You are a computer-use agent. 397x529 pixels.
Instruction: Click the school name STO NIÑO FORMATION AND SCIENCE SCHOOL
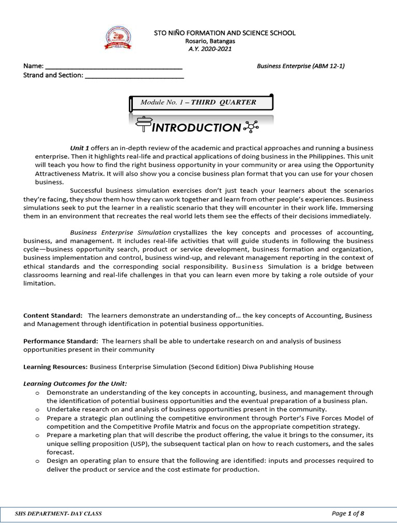(x=225, y=33)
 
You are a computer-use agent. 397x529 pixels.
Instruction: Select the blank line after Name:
(x=114, y=67)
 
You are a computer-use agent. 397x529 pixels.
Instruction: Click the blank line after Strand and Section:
(x=134, y=76)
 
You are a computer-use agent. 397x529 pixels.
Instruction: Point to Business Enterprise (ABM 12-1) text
(x=301, y=66)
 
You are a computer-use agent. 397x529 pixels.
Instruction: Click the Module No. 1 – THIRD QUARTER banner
(x=198, y=102)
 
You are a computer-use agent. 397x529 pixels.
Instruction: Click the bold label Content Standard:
(x=53, y=315)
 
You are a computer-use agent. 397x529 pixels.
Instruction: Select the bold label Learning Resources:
(x=56, y=367)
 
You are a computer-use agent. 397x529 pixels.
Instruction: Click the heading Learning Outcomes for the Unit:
(x=75, y=384)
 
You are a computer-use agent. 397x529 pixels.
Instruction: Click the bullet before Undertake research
(x=38, y=409)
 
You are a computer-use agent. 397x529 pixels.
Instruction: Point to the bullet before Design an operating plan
(x=38, y=460)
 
